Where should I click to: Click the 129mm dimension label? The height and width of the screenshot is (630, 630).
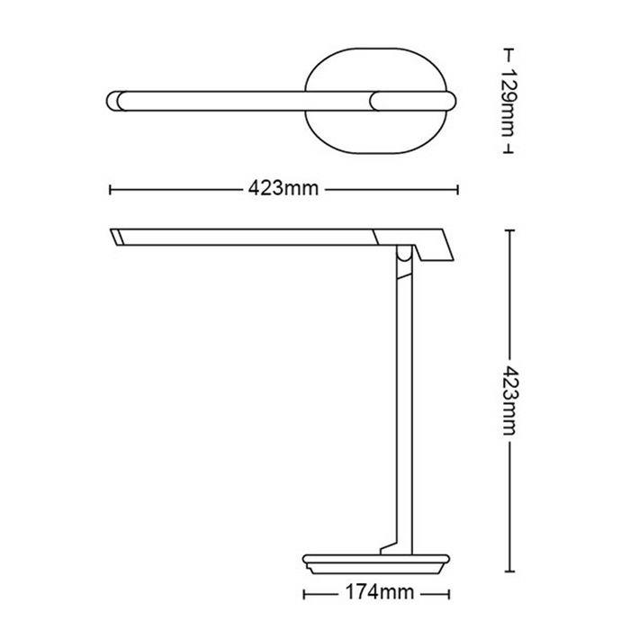click(x=508, y=102)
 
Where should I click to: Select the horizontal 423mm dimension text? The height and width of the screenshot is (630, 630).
click(x=283, y=188)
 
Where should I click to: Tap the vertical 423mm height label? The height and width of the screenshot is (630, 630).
click(x=509, y=400)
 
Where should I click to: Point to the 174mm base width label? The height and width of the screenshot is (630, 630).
click(x=379, y=592)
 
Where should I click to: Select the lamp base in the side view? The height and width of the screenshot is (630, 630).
click(x=375, y=564)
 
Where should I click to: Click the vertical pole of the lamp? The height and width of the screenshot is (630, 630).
click(x=404, y=401)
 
